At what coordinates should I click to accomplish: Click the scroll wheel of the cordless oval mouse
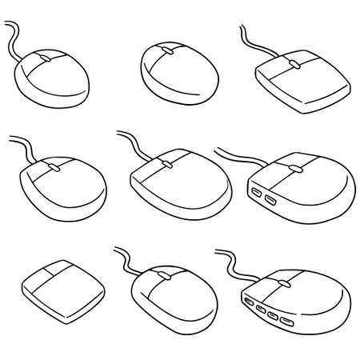pyautogui.click(x=168, y=51)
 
